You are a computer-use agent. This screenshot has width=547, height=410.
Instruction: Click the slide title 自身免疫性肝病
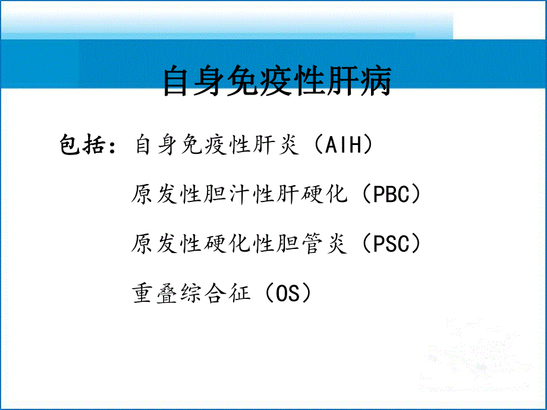coord(277,82)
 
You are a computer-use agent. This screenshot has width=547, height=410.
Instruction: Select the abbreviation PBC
coord(393,195)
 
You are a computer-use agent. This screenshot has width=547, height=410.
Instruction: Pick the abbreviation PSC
coord(393,244)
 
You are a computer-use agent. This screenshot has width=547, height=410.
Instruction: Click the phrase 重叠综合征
coord(191,293)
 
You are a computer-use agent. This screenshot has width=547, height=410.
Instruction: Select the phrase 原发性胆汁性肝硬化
coord(239,195)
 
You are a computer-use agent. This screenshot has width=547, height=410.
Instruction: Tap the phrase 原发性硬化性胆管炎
coord(239,244)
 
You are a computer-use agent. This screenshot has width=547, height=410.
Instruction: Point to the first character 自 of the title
coord(178,82)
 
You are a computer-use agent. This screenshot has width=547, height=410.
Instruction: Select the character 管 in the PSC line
coord(313,244)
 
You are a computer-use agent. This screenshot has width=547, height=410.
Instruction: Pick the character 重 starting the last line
coord(143,293)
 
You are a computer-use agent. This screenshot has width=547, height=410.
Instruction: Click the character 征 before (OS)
coord(239,293)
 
